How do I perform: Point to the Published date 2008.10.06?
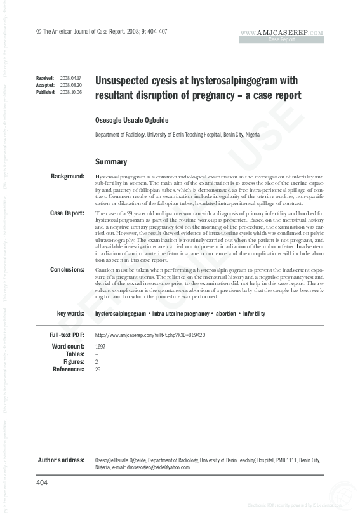[x=70, y=91]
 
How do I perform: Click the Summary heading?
[x=111, y=162]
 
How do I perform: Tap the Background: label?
[x=67, y=176]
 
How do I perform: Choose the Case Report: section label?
[x=67, y=213]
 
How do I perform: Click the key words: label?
[x=70, y=314]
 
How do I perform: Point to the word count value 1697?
[x=100, y=347]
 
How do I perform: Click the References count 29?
[x=98, y=369]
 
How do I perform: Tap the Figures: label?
[x=74, y=361]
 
